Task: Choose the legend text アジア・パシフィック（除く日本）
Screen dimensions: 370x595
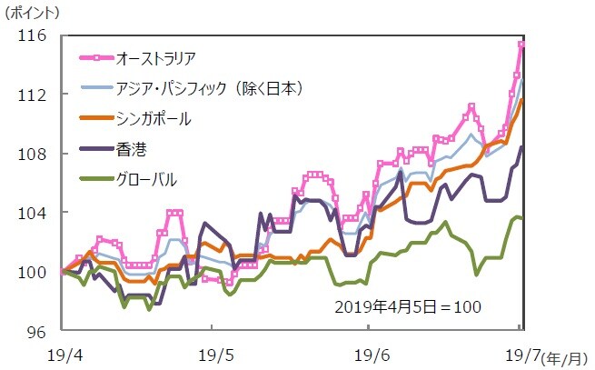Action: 209,88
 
